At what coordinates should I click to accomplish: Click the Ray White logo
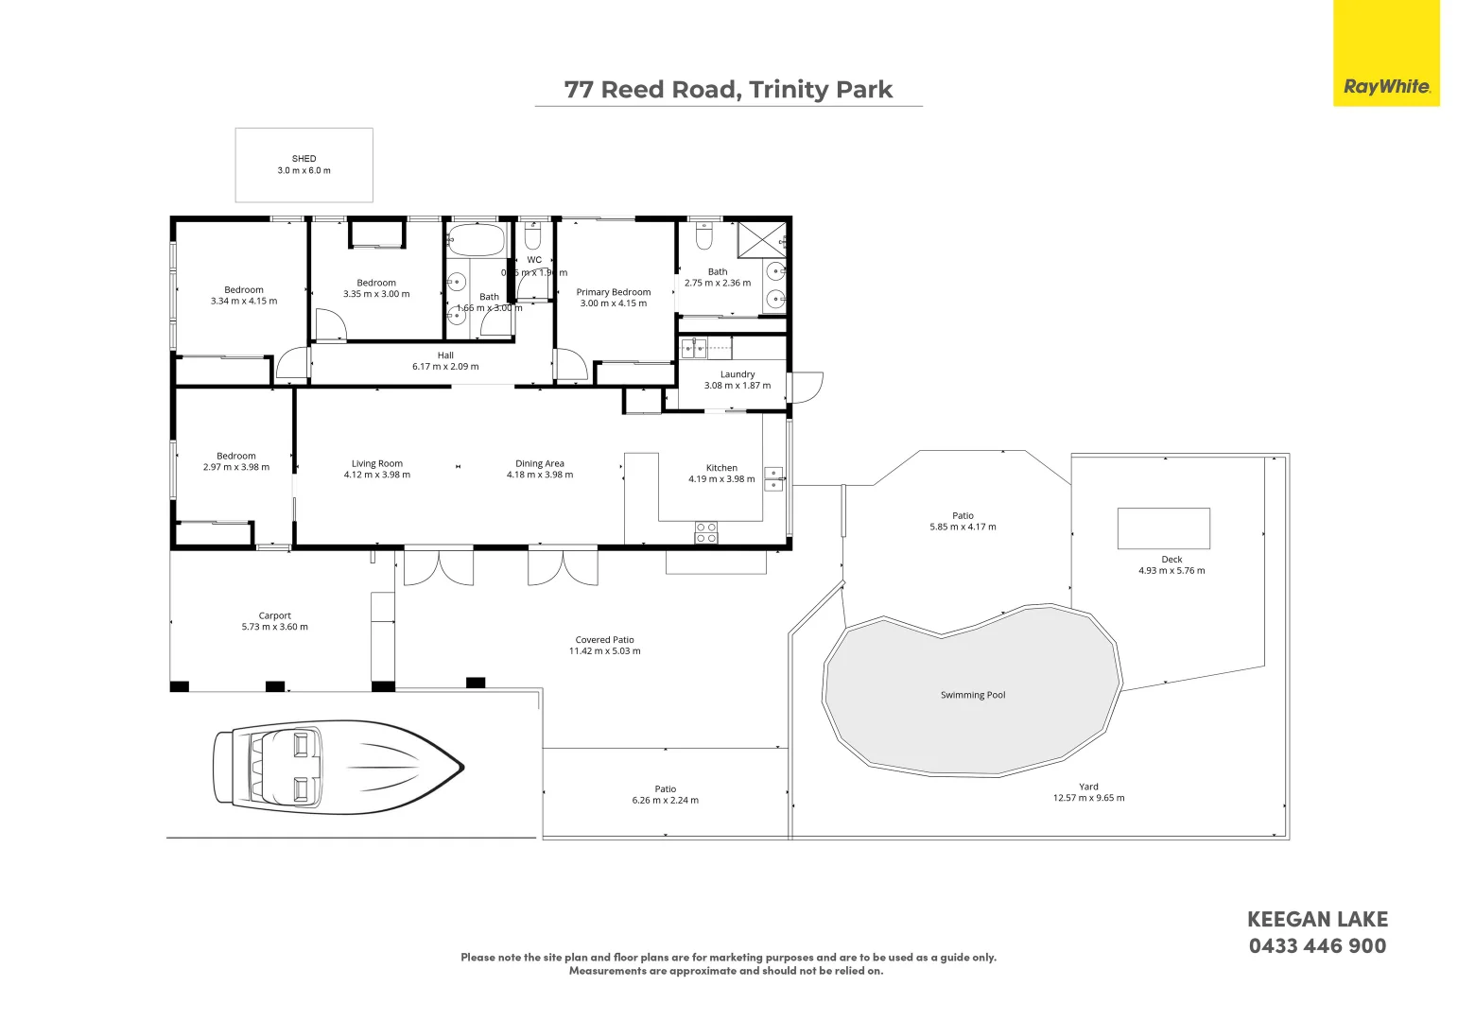click(1386, 86)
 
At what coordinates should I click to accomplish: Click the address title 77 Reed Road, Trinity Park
click(728, 90)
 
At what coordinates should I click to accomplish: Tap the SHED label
click(304, 159)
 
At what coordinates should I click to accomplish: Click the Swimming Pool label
click(972, 695)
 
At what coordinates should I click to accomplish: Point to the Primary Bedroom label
click(614, 292)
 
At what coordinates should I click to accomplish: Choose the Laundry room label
click(737, 374)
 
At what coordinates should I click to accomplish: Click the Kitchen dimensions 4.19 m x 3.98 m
click(721, 479)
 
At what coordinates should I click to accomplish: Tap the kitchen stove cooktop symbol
click(706, 532)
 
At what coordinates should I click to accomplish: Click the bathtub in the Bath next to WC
click(477, 239)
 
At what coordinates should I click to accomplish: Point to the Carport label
click(274, 615)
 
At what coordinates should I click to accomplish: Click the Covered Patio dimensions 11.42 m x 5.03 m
click(604, 651)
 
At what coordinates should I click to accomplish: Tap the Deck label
click(1172, 559)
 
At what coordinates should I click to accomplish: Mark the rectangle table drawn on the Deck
click(1163, 528)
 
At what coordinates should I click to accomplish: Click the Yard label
click(1088, 787)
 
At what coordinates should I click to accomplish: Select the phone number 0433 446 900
click(1317, 946)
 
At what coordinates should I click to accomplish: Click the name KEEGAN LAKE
click(1317, 919)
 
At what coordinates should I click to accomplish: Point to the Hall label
click(445, 355)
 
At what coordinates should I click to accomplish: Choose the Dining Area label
click(539, 463)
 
